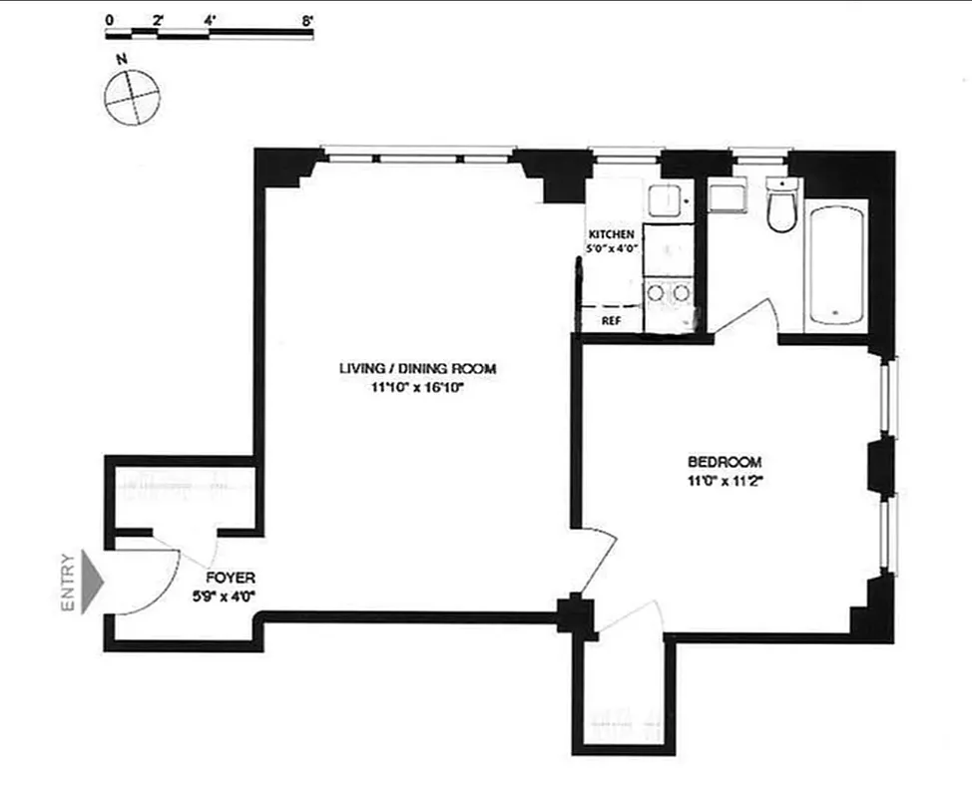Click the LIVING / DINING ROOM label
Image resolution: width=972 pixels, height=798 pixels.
click(x=416, y=369)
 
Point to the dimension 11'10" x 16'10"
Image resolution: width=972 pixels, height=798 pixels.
click(x=416, y=388)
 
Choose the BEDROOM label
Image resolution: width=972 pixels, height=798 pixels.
click(x=725, y=462)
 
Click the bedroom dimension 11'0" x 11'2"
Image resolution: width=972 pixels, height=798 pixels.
click(x=725, y=480)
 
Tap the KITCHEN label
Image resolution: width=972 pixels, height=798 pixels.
click(x=612, y=234)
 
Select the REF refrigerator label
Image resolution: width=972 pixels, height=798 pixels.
click(x=611, y=321)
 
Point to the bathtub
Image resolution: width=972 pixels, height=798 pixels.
click(x=836, y=263)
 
